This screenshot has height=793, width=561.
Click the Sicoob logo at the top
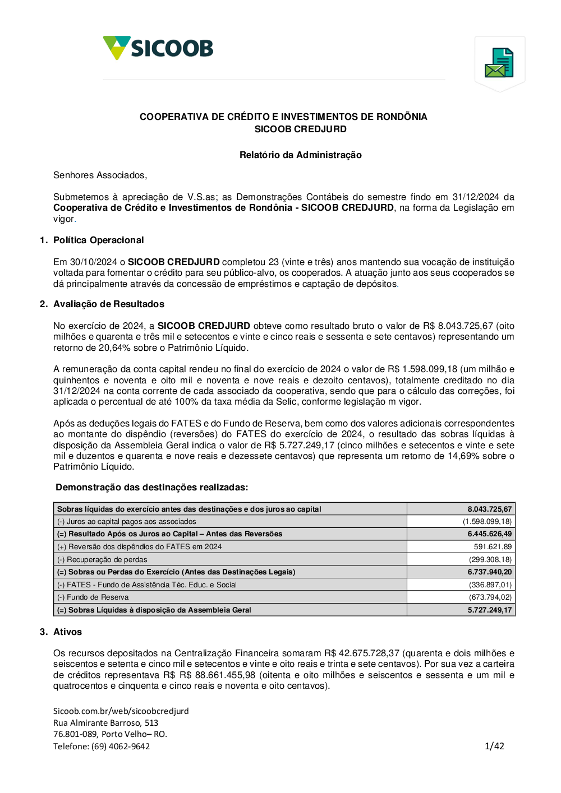pos(158,48)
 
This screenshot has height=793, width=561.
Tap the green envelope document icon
pos(499,62)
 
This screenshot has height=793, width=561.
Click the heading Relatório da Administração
pos(300,155)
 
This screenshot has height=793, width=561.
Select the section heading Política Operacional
pos(98,240)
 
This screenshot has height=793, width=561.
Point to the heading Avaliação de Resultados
pos(108,304)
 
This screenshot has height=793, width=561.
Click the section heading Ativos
pos(67,632)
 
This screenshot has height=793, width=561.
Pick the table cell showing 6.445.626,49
pos(489,534)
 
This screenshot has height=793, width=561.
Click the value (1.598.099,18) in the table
pos(487,522)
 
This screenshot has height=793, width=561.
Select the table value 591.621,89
pos(493,547)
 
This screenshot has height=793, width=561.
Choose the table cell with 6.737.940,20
pos(489,572)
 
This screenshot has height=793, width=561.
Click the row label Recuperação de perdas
pos(107,560)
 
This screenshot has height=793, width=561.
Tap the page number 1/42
pos(494,746)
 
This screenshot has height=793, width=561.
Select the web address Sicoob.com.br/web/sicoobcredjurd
pos(121,711)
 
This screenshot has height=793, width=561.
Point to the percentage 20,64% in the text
pos(111,348)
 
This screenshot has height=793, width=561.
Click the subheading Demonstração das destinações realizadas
pos(151,488)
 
